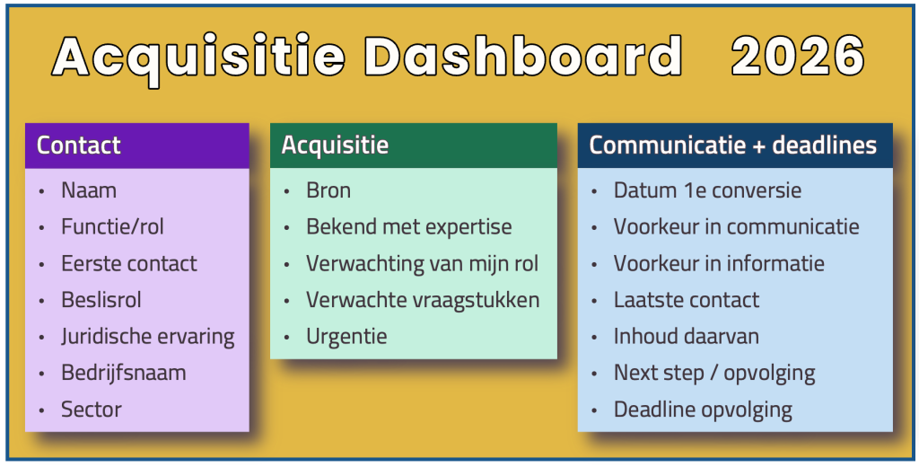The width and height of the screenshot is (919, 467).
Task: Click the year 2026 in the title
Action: [x=798, y=57]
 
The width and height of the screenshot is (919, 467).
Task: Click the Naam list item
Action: [x=89, y=190]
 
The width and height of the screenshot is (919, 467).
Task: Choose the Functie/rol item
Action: [x=112, y=227]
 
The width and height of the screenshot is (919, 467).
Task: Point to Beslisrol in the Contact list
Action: [x=101, y=300]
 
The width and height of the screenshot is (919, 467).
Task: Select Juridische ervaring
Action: [x=147, y=337]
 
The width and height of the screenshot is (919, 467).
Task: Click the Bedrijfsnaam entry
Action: [x=123, y=373]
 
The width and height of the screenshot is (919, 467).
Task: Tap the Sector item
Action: [x=91, y=410]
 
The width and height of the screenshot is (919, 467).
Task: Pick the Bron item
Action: [x=328, y=190]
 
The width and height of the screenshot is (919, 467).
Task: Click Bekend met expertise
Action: [x=408, y=227]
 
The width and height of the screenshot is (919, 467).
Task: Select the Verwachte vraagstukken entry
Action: [x=423, y=300]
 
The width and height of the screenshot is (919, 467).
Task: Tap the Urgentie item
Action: [x=346, y=337]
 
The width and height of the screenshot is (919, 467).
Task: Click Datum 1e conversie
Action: [x=707, y=190]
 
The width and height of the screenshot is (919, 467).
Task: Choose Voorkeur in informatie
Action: [x=719, y=264]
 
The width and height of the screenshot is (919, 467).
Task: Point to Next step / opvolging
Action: [x=714, y=373]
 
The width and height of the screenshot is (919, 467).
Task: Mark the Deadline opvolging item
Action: [x=703, y=410]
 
